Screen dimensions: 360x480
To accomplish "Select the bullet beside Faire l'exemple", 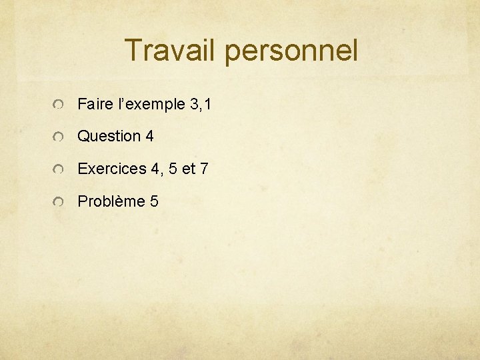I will [59, 105].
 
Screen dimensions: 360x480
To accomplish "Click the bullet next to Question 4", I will [59, 137].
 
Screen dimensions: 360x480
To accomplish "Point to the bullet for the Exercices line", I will [59, 170].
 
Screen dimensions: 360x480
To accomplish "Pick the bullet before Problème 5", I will [59, 202].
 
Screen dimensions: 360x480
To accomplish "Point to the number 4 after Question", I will [149, 137].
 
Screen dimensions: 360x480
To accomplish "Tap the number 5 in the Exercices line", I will [173, 169].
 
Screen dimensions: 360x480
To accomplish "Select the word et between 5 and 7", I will [189, 169].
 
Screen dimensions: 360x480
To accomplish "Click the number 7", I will [204, 169].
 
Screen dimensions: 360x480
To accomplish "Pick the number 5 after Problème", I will [154, 201].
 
